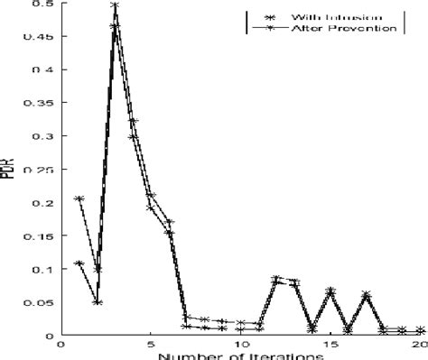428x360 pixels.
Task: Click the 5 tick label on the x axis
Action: [x=151, y=345]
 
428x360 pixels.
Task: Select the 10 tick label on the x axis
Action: [x=241, y=345]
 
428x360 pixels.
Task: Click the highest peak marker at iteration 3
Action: [x=115, y=5]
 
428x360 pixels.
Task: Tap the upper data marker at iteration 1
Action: [x=79, y=198]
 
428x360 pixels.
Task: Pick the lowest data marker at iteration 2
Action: [x=97, y=302]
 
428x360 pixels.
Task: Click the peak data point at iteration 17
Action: [x=367, y=294]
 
